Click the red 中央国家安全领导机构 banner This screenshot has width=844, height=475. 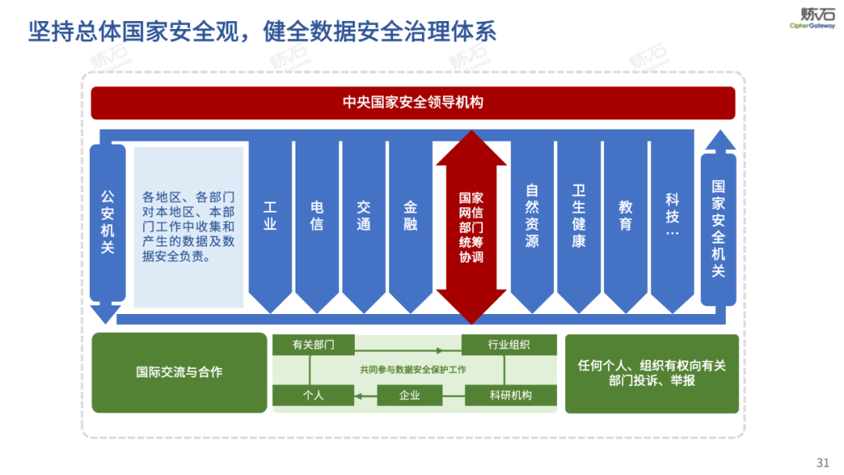tap(413, 102)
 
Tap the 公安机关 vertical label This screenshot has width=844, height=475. tap(107, 223)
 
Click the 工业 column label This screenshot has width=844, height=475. tap(270, 216)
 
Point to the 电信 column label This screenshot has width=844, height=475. tap(317, 216)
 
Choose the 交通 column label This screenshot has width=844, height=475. tap(363, 216)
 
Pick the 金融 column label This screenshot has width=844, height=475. tap(410, 216)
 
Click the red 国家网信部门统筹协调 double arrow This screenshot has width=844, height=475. tap(471, 227)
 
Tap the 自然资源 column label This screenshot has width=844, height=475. tap(532, 216)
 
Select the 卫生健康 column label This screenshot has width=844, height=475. tap(578, 216)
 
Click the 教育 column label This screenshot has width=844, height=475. tap(625, 216)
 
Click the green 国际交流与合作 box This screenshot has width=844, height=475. tap(179, 373)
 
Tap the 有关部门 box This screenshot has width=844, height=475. tap(313, 345)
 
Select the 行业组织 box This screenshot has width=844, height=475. tap(509, 345)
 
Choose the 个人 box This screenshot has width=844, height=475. tap(313, 395)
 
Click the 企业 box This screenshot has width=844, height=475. tap(409, 395)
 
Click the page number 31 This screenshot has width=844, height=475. tap(822, 461)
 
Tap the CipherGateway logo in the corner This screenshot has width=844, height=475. tap(812, 18)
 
